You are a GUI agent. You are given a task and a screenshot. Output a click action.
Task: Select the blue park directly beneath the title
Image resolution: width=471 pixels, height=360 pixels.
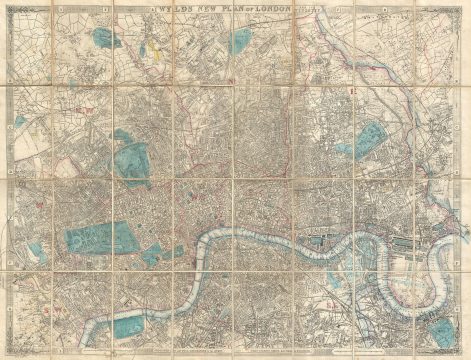pos(240,41)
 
